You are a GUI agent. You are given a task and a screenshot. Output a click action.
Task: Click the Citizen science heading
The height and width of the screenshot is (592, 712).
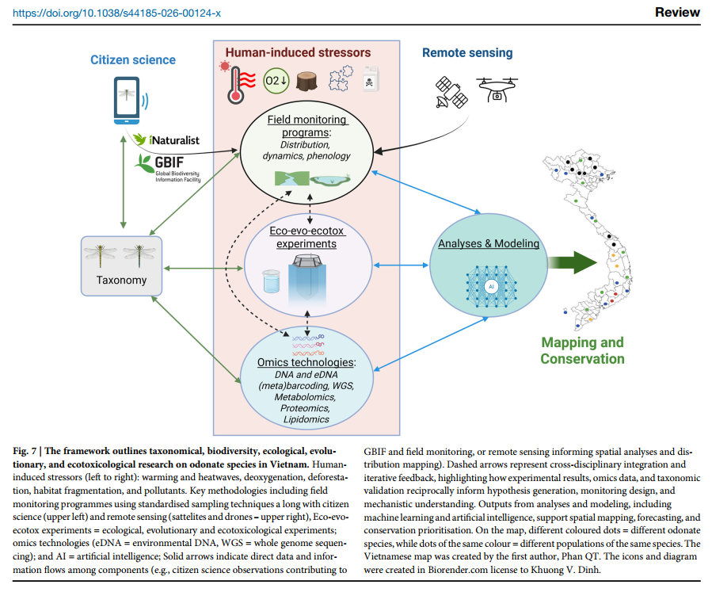pos(132,60)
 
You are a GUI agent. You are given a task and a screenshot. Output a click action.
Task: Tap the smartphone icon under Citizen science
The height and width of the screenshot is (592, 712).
pos(127,100)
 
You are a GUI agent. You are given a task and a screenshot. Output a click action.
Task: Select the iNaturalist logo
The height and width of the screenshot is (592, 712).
pos(166,139)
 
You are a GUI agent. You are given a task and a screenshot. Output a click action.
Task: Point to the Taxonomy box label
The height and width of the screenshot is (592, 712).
pos(121,280)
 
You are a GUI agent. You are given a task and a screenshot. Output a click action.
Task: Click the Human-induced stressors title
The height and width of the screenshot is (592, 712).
pos(298,53)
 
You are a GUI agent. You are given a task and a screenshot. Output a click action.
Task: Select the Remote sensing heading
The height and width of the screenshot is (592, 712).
pos(467,53)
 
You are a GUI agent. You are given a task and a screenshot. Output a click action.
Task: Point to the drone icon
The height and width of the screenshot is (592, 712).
pos(496,89)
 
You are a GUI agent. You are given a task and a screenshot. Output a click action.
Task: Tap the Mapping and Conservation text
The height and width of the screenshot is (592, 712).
pos(582,350)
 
